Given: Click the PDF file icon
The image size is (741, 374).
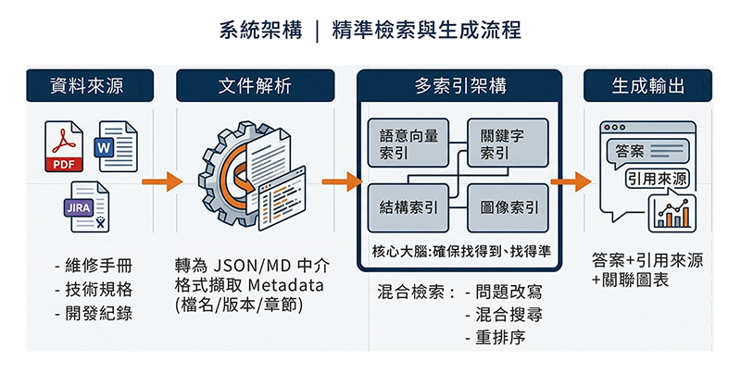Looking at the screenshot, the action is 64,146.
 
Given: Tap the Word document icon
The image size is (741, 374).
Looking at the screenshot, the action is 118,146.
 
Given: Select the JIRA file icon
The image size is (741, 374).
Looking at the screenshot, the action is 87,206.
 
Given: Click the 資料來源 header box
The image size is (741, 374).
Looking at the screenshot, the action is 90,85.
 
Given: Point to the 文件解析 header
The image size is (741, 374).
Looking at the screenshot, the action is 256,85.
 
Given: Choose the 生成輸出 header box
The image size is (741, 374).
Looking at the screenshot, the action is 647,85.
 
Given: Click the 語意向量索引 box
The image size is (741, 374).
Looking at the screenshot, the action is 408,143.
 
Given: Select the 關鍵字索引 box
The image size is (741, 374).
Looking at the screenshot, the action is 508,143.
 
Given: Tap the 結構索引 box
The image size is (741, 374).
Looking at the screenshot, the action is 408,207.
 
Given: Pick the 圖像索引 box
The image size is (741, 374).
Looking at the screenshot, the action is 508,207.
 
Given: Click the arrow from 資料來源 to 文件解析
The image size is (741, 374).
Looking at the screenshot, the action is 162,181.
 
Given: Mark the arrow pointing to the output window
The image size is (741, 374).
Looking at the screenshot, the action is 571,181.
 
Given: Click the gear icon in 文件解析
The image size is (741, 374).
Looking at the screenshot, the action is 232,172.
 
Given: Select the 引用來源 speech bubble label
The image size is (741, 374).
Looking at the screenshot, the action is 657,179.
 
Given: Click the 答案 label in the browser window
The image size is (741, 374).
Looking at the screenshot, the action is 630,151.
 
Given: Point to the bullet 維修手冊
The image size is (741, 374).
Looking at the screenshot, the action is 94,267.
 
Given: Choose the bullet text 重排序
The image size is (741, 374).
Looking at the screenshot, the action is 496,338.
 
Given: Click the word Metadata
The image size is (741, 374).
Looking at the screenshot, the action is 286,285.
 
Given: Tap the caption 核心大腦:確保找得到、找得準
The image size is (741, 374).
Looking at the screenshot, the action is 460,251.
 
